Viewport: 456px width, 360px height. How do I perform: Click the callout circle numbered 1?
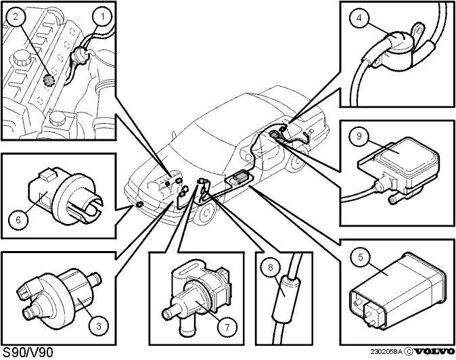[x=101, y=16]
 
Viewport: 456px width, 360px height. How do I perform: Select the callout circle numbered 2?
[x=15, y=16]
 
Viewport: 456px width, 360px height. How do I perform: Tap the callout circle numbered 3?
[x=99, y=326]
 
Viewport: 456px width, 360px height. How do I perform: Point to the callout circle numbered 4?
[x=359, y=18]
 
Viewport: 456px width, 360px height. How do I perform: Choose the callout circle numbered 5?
[x=361, y=257]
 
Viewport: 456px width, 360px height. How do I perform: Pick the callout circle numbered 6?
[x=18, y=220]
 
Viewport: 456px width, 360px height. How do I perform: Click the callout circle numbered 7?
[x=227, y=328]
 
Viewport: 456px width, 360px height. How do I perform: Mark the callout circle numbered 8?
[x=271, y=267]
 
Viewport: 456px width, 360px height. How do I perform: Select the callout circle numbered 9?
[x=359, y=136]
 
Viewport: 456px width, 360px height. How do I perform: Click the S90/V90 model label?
[x=28, y=353]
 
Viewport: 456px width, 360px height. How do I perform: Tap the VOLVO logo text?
[x=434, y=352]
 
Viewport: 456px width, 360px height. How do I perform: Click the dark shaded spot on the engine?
[x=49, y=80]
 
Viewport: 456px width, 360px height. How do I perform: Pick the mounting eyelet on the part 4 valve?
[x=418, y=29]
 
